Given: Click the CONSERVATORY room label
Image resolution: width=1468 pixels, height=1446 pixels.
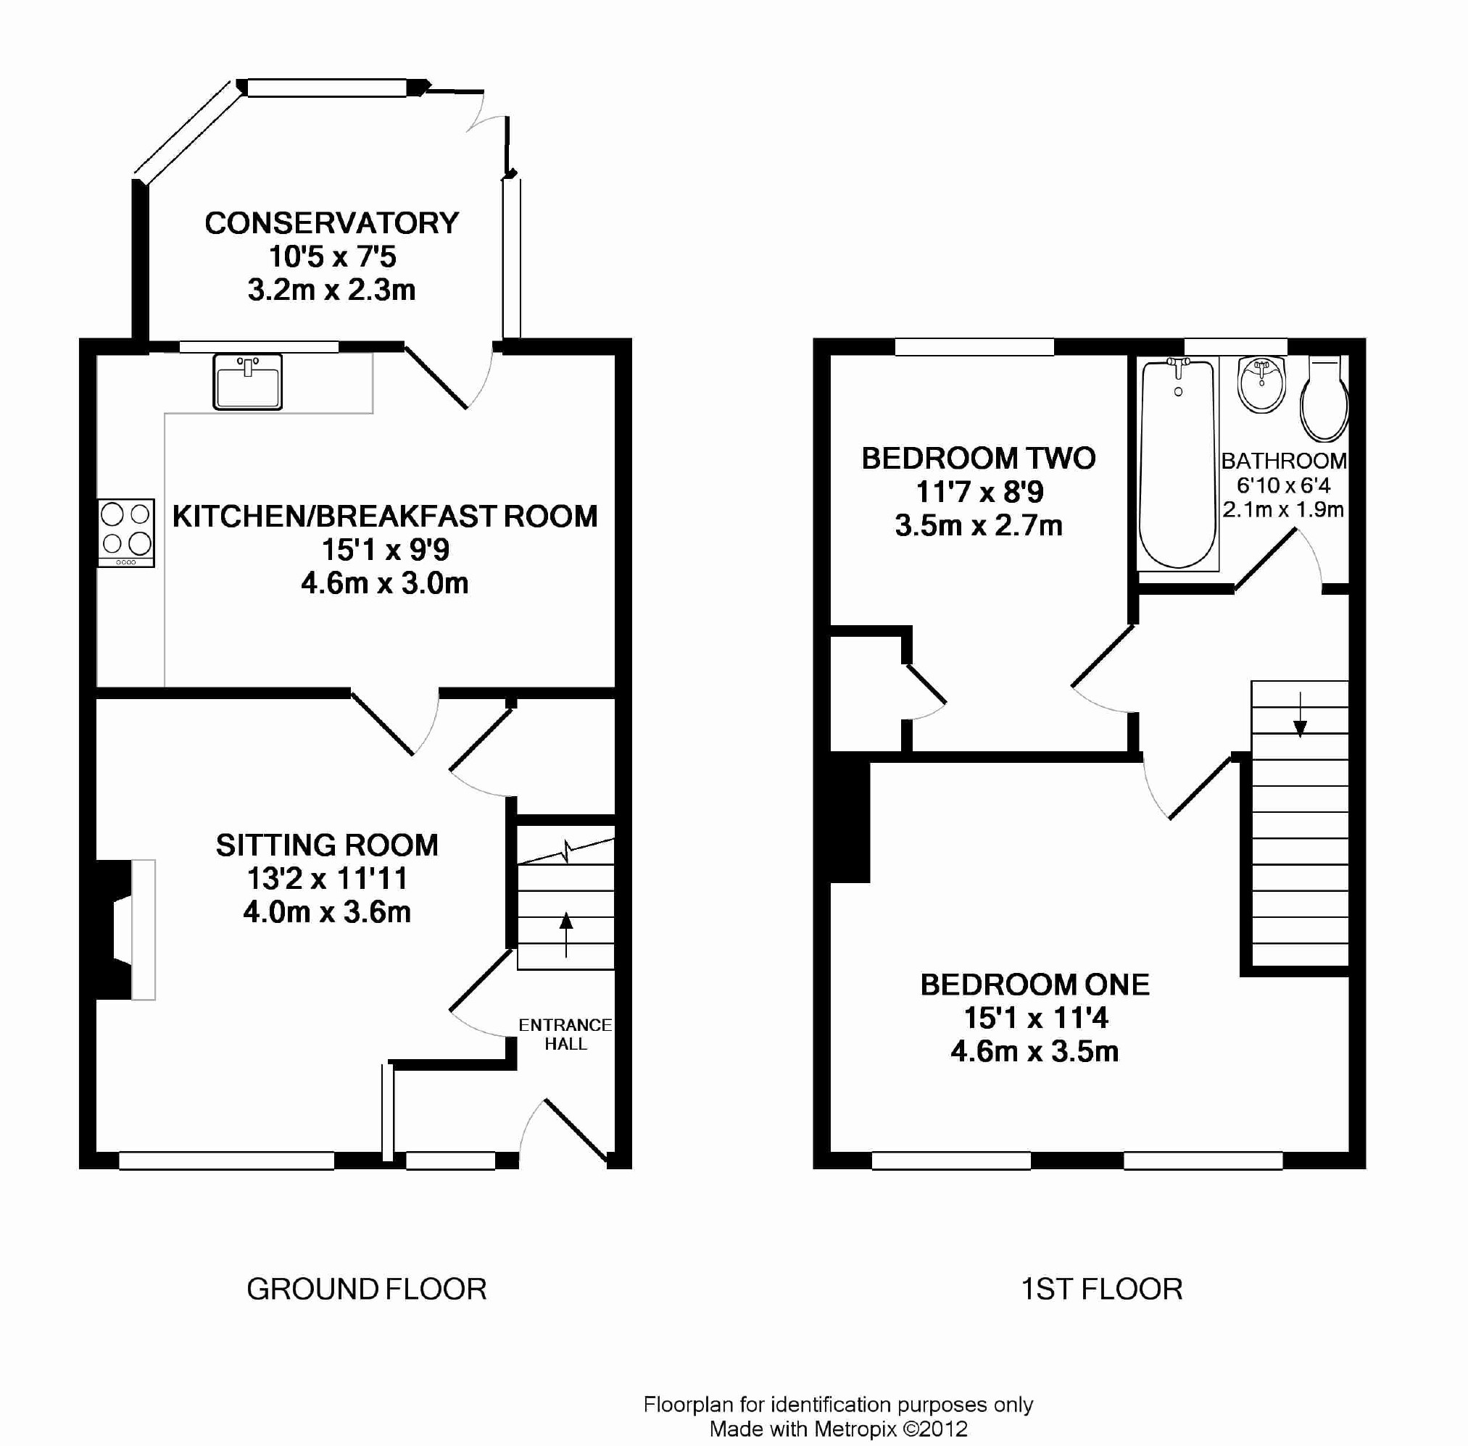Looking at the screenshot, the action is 332,223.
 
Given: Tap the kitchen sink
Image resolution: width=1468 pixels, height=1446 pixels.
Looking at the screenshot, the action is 248,381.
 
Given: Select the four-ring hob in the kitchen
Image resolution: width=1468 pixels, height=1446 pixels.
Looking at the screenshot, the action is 126,532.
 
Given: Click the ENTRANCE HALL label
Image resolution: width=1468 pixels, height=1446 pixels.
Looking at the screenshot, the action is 565,1035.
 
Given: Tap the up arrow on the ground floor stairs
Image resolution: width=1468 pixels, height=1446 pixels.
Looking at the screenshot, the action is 566,935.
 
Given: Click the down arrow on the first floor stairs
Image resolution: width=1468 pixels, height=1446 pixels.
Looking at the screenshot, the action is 1300,714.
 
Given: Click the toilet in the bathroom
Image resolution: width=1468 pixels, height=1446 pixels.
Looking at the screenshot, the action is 1324,398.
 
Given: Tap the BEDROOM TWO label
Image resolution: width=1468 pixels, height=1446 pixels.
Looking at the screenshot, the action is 979,458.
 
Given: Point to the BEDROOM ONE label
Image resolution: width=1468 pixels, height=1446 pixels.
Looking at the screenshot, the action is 1035,985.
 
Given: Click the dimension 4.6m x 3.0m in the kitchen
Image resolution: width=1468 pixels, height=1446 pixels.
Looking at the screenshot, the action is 384,583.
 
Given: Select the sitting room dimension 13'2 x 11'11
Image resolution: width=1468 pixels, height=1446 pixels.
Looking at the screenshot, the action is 328,879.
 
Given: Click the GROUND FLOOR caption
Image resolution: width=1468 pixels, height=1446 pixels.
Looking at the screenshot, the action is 366,1289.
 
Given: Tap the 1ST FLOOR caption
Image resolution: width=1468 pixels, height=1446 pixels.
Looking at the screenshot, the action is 1102,1289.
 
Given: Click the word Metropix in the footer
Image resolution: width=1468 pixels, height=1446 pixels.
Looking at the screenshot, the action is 855,1429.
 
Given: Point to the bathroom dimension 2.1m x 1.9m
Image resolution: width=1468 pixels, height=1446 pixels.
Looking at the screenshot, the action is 1283,509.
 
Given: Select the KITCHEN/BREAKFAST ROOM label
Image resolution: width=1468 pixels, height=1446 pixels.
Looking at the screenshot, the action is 385,517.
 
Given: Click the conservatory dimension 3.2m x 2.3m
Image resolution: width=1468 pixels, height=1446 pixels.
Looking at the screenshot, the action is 331,290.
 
